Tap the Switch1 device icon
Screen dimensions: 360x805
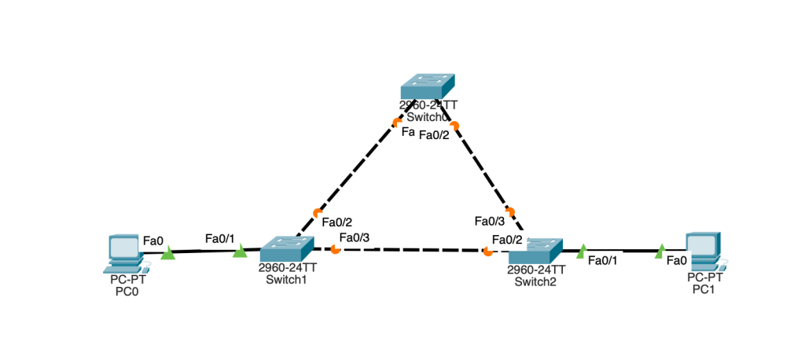click(288, 249)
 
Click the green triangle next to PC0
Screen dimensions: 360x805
click(167, 253)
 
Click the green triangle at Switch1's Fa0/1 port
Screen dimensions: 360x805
click(240, 251)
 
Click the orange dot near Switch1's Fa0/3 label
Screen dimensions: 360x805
click(336, 249)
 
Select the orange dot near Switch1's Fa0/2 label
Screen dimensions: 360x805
click(318, 212)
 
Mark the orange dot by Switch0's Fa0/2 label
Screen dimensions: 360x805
click(454, 124)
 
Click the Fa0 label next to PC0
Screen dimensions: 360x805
click(153, 240)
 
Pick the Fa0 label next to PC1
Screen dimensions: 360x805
click(677, 260)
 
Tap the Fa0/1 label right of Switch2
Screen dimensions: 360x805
click(603, 261)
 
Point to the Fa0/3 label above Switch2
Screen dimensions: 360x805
click(488, 222)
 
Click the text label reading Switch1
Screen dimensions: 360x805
click(287, 278)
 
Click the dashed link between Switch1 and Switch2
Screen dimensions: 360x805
click(409, 250)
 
